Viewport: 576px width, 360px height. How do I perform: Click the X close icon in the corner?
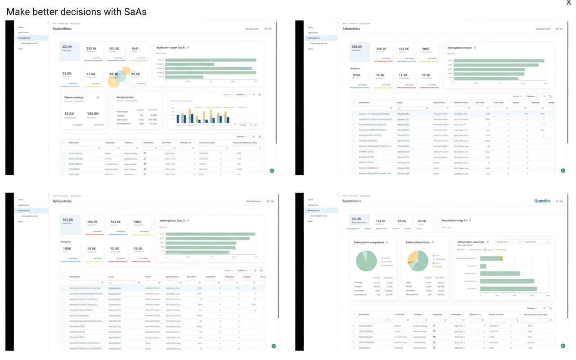569,3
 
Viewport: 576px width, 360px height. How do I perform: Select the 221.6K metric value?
67,47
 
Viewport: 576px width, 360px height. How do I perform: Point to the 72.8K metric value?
67,73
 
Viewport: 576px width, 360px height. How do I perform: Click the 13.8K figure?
69,114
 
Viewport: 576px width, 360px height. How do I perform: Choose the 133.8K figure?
93,114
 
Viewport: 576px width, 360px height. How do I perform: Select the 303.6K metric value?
357,47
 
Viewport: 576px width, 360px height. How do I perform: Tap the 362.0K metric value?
68,220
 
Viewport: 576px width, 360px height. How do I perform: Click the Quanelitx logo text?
542,201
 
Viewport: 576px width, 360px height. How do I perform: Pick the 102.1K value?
381,221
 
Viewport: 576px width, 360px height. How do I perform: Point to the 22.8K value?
402,221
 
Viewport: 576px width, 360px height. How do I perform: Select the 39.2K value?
422,221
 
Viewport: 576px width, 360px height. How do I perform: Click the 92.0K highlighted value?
356,219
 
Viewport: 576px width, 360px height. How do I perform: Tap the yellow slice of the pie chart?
412,257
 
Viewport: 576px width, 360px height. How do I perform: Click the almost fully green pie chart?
366,261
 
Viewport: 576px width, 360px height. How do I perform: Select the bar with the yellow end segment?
491,258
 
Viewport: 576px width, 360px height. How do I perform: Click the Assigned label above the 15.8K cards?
355,68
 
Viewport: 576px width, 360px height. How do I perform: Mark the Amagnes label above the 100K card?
66,242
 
